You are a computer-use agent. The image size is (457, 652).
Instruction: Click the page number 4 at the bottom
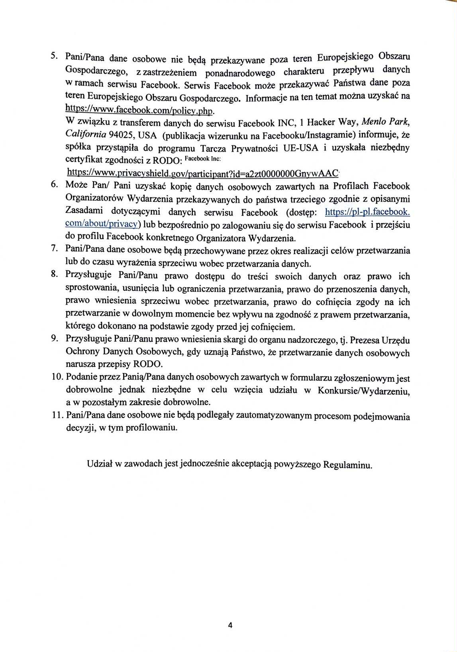[230, 625]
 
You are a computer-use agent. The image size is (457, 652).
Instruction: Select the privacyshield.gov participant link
[202, 173]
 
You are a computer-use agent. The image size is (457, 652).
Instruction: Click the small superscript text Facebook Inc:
[203, 159]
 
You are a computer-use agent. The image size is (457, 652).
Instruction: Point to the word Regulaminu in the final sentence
[347, 465]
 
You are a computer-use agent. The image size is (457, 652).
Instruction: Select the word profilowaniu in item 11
[151, 428]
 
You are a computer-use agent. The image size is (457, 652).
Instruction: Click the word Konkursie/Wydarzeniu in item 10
[363, 391]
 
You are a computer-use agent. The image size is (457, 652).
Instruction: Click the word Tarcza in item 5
[214, 149]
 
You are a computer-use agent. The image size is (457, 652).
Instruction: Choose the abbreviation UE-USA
[301, 148]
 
